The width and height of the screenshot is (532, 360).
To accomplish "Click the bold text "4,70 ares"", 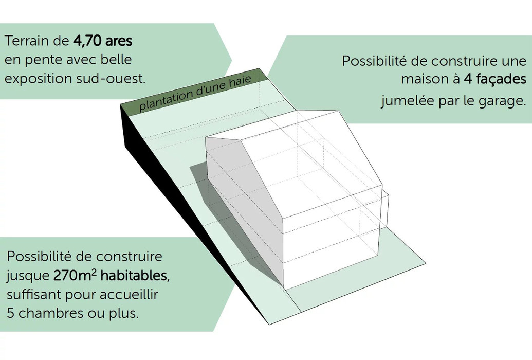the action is coord(102,41).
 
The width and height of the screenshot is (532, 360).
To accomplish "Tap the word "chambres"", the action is coord(50,313).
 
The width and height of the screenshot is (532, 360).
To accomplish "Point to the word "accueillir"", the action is coord(129,294).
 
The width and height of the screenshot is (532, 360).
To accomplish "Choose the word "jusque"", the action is coord(28,276).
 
